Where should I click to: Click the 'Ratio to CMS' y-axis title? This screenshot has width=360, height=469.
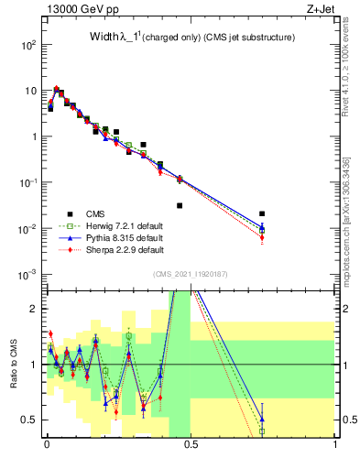tap(13, 366)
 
